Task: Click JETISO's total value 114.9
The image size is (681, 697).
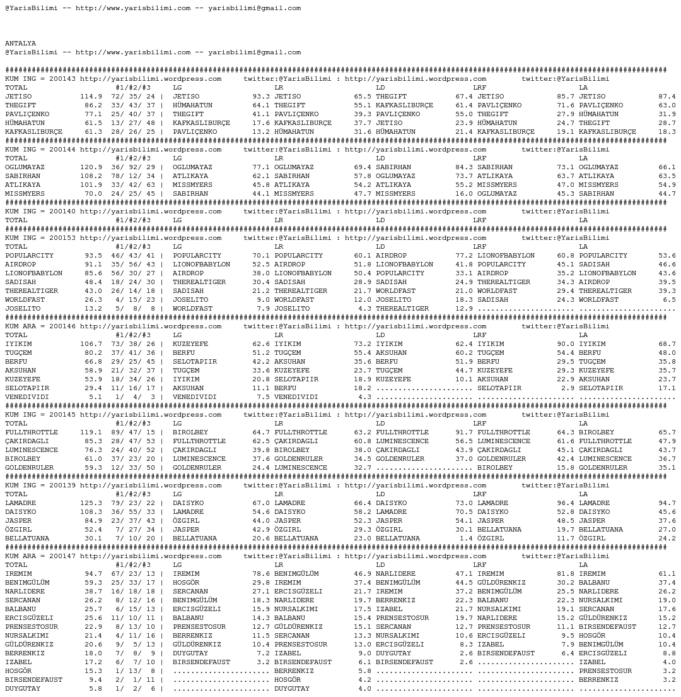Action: coord(91,97)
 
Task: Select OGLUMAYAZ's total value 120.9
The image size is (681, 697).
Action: coord(91,167)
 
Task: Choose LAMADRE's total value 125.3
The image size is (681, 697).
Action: coord(91,503)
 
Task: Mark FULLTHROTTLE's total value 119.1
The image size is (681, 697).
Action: coord(91,432)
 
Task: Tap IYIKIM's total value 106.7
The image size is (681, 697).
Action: coord(91,344)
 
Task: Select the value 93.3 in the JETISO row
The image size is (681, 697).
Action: coord(261,97)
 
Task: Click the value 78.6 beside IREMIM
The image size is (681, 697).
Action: coord(261,574)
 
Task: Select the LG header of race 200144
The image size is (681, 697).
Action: coord(177,158)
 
